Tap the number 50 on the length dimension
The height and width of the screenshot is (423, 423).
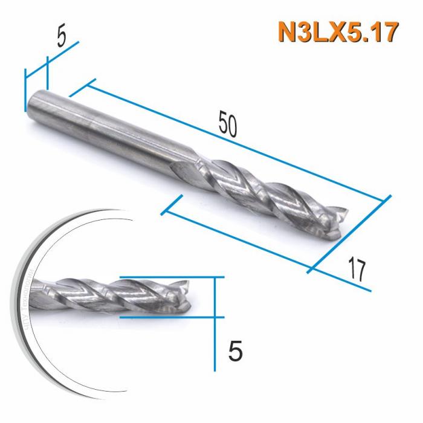point(228,124)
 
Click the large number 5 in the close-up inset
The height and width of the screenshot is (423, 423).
point(236,350)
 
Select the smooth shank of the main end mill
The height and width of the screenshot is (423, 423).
point(109,127)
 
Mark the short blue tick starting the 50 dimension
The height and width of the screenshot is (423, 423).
point(83,87)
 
